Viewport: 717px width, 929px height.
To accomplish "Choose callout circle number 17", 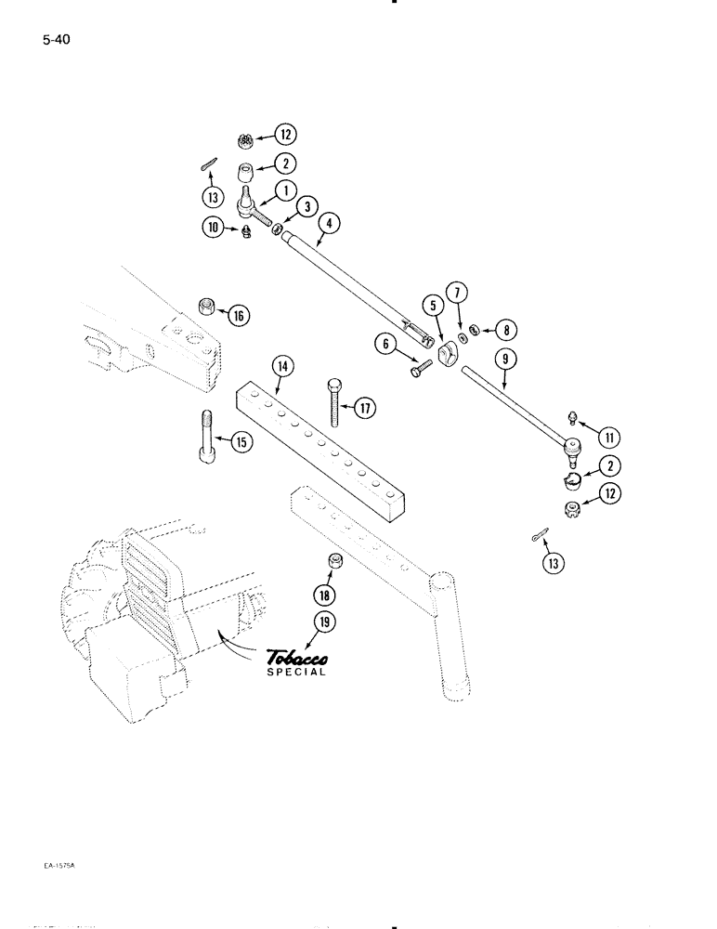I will pos(363,406).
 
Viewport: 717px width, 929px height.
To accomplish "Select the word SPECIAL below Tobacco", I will pos(295,674).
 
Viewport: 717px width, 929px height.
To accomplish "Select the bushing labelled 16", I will pos(209,307).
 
